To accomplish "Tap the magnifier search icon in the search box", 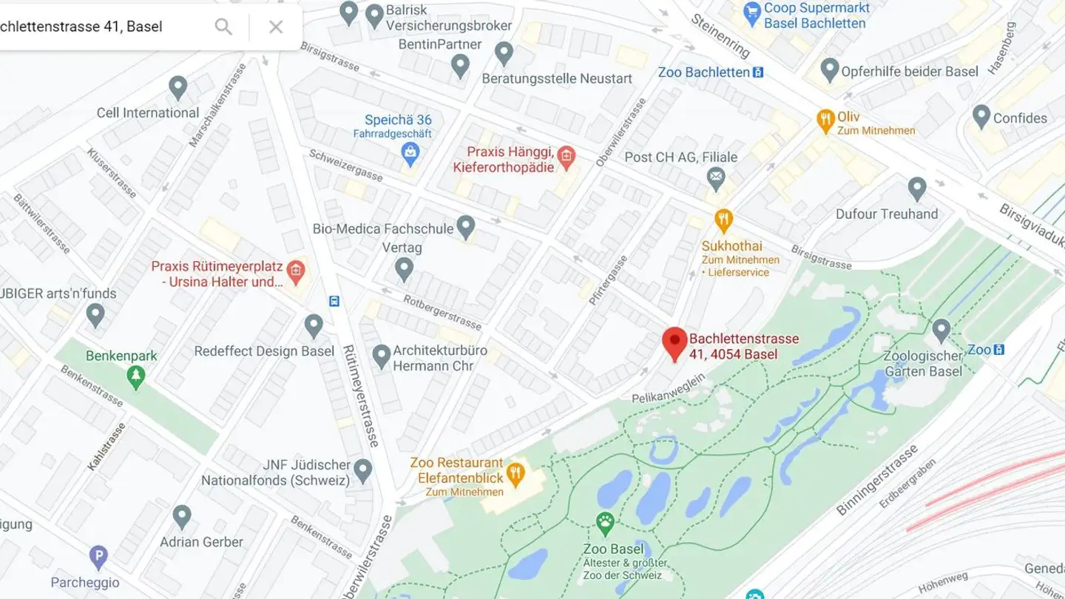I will pos(223,27).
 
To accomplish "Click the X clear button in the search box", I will pos(276,27).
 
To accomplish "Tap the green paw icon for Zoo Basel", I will pos(606,524).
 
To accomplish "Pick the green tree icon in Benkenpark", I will pos(135,377).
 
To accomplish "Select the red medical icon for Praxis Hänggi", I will pos(567,156).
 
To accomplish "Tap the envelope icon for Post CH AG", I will pos(715,177).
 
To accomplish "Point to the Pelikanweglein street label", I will pos(668,389).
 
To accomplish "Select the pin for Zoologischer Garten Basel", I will pos(941,330).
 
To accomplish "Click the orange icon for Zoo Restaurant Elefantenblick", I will pos(515,471).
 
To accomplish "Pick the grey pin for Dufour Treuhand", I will pos(917,188).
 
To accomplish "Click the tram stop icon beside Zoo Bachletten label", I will pos(757,72).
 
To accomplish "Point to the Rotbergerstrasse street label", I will pos(442,311).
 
